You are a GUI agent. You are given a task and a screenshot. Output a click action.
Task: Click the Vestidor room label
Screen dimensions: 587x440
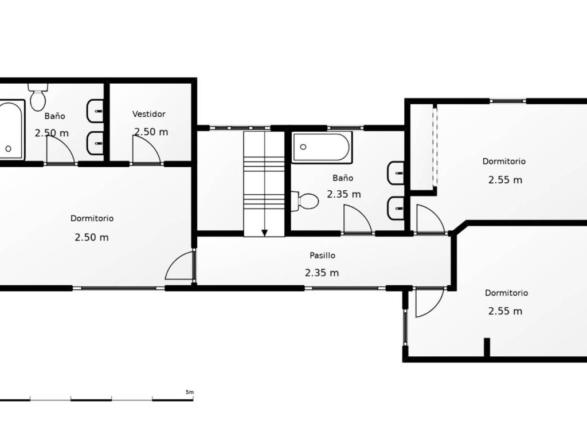(148, 114)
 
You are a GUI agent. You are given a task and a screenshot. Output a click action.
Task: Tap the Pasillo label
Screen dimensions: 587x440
(322, 256)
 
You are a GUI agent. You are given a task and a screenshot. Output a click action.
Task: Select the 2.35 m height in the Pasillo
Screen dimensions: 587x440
(322, 273)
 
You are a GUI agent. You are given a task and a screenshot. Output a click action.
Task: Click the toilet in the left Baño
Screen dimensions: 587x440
(38, 97)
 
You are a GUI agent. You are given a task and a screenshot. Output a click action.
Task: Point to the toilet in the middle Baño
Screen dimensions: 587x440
(305, 201)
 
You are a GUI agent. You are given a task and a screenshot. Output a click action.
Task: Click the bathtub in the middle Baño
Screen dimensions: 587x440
(322, 147)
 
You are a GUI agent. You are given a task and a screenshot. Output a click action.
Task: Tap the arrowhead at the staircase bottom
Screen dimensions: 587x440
(265, 233)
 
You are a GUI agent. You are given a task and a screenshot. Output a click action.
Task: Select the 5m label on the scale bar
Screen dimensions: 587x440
(190, 392)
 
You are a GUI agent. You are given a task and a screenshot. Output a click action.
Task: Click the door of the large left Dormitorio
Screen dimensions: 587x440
(180, 266)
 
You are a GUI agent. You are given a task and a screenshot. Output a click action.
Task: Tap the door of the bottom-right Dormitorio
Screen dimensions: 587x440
(430, 302)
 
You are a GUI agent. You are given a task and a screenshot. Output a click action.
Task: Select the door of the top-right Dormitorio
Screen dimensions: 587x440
(431, 219)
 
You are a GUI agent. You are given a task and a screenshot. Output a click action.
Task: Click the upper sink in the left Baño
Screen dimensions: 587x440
(95, 111)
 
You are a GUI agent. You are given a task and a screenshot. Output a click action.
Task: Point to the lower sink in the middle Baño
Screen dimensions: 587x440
(396, 208)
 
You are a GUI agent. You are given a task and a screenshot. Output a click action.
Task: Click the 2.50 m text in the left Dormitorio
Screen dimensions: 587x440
(92, 237)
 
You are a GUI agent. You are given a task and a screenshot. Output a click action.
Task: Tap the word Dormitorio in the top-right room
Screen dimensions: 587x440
(504, 161)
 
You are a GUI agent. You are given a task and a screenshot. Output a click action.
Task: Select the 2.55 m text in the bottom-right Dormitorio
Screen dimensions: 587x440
(505, 311)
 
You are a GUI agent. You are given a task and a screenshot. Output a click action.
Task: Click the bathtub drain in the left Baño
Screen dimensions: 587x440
(8, 148)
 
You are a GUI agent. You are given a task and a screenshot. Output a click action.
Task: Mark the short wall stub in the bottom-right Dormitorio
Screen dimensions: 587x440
(487, 347)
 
